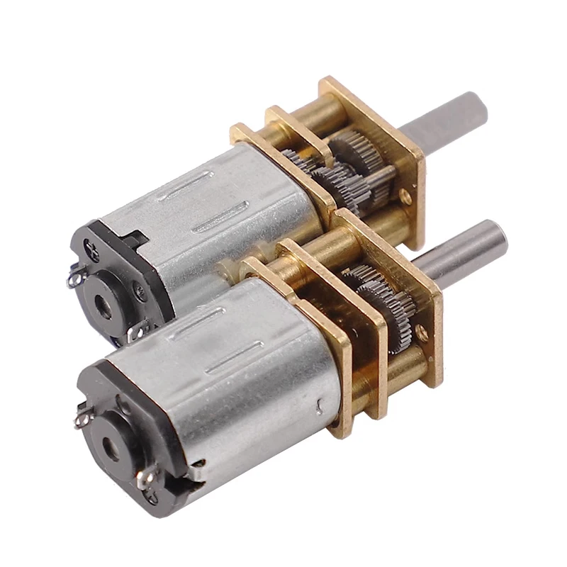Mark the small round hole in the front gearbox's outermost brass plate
(x=423, y=330)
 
